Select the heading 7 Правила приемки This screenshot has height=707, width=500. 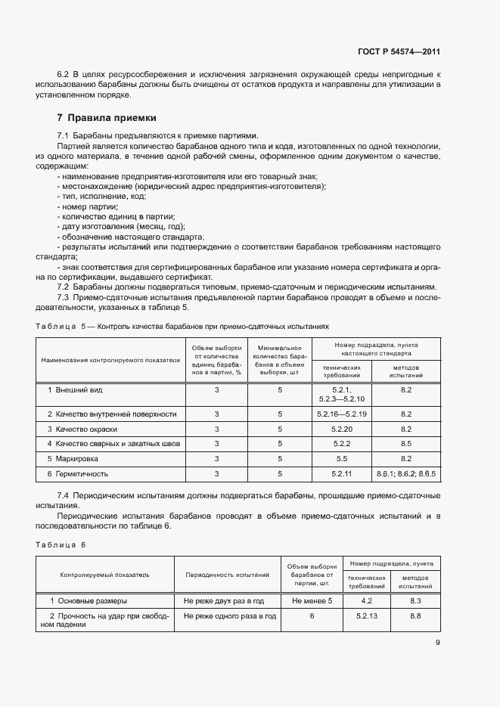point(107,118)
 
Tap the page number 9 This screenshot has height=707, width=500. point(438,643)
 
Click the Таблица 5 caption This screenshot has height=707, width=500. point(182,326)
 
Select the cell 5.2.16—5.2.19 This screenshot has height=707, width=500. point(342,414)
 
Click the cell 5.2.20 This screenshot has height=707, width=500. point(342,429)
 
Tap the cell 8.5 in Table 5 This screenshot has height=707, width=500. point(405,444)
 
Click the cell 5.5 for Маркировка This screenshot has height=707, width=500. point(342,458)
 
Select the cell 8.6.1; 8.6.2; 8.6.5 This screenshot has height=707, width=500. point(405,473)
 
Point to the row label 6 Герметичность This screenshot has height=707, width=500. point(78,473)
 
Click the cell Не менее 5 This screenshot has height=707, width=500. point(312,600)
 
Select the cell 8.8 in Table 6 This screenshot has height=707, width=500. point(415,616)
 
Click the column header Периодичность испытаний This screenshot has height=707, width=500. point(228,575)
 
